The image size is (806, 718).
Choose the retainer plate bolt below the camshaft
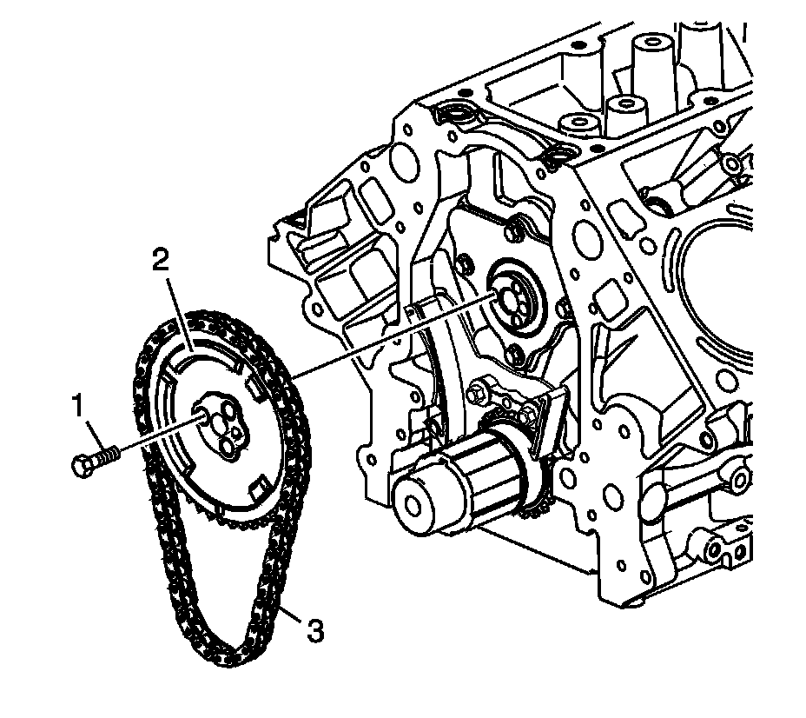point(514,351)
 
